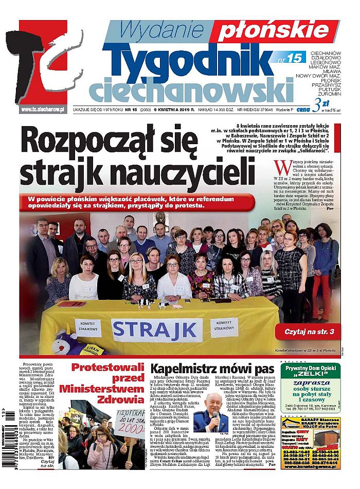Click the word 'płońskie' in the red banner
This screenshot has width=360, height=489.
272,32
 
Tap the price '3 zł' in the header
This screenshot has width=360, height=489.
323,103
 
